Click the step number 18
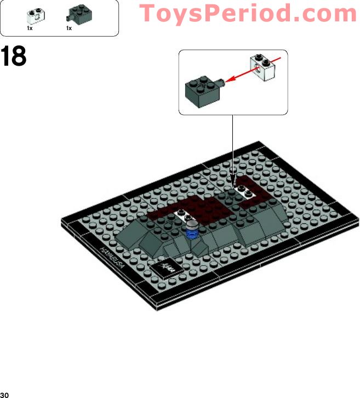click(x=14, y=56)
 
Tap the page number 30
click(x=5, y=394)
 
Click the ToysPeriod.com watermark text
click(x=248, y=13)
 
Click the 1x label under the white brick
click(x=30, y=28)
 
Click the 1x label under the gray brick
click(x=69, y=28)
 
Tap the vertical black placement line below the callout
click(x=233, y=148)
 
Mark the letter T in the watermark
click(x=146, y=13)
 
